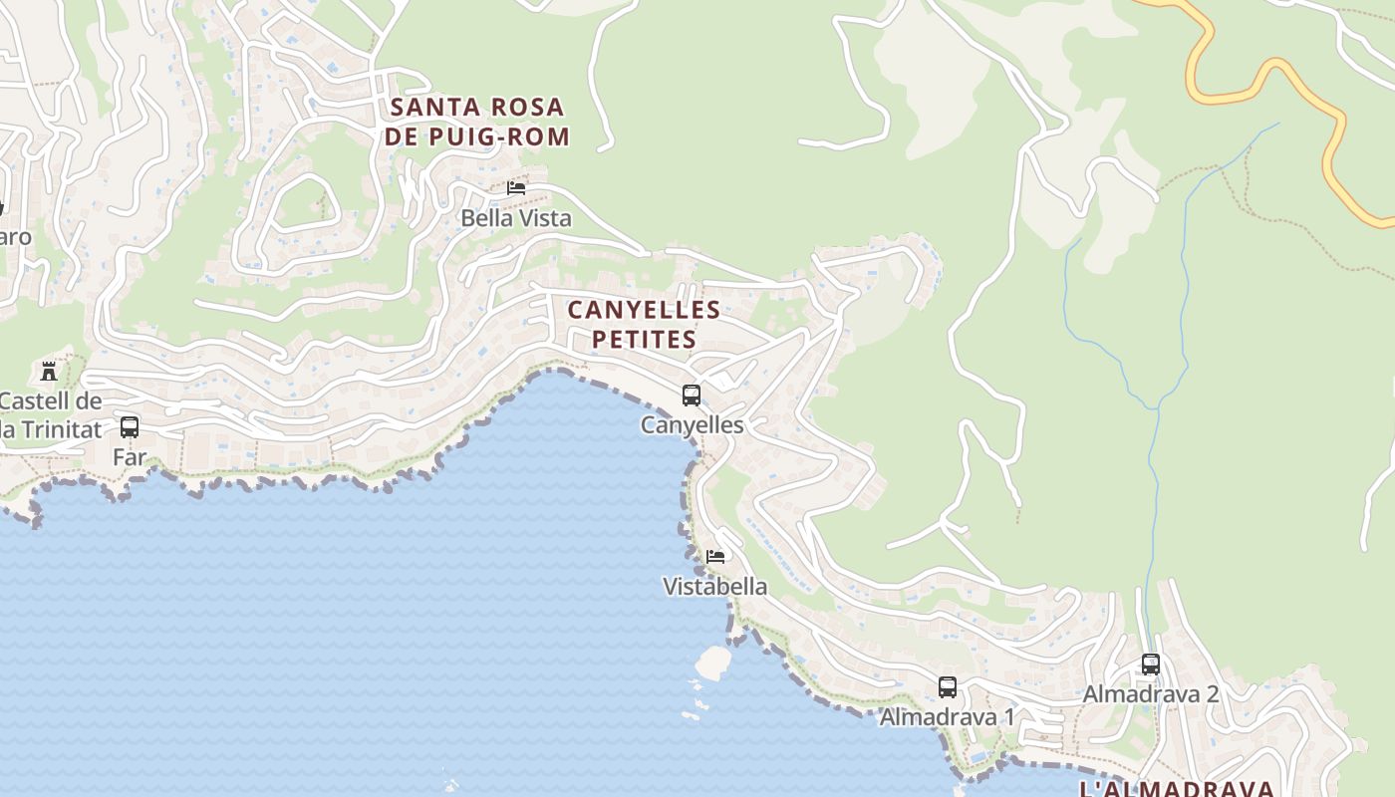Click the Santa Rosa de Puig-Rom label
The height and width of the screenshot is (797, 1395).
(x=477, y=122)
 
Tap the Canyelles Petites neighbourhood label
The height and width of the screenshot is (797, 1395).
(x=644, y=325)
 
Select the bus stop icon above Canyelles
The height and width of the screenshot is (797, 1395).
(x=692, y=396)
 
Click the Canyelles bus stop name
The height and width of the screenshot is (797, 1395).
(x=692, y=425)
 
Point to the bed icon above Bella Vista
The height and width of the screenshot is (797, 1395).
(x=516, y=187)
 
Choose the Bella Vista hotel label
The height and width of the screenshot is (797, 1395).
(x=516, y=218)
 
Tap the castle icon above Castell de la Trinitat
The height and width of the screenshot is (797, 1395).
(x=48, y=372)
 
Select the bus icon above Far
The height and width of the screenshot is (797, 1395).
(x=130, y=427)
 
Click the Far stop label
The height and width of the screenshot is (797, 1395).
(x=130, y=457)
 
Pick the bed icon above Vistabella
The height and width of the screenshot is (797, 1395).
(x=715, y=556)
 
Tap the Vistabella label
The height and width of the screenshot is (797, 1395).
(x=715, y=586)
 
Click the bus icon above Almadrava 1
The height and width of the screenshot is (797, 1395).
(x=947, y=687)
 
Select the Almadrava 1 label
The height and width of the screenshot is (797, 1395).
(x=947, y=717)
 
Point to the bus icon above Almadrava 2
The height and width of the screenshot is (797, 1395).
(x=1151, y=664)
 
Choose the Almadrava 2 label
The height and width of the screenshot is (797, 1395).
(x=1151, y=694)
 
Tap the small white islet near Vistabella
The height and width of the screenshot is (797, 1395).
(x=713, y=663)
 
